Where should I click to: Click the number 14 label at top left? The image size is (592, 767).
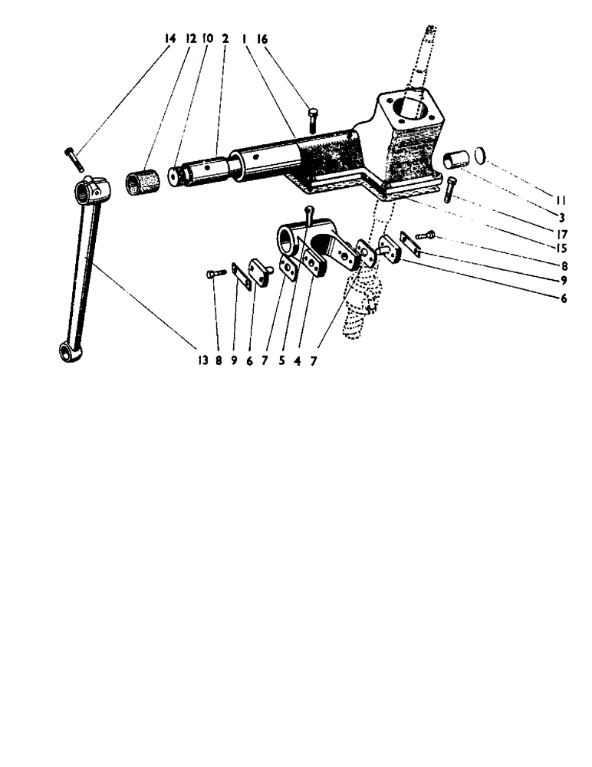(x=170, y=38)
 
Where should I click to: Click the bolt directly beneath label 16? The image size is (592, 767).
(x=313, y=118)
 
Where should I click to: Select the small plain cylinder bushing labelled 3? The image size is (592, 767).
(x=456, y=163)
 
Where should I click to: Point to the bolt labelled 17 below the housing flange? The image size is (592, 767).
(x=449, y=189)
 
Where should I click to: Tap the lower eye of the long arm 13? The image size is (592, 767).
(x=66, y=353)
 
